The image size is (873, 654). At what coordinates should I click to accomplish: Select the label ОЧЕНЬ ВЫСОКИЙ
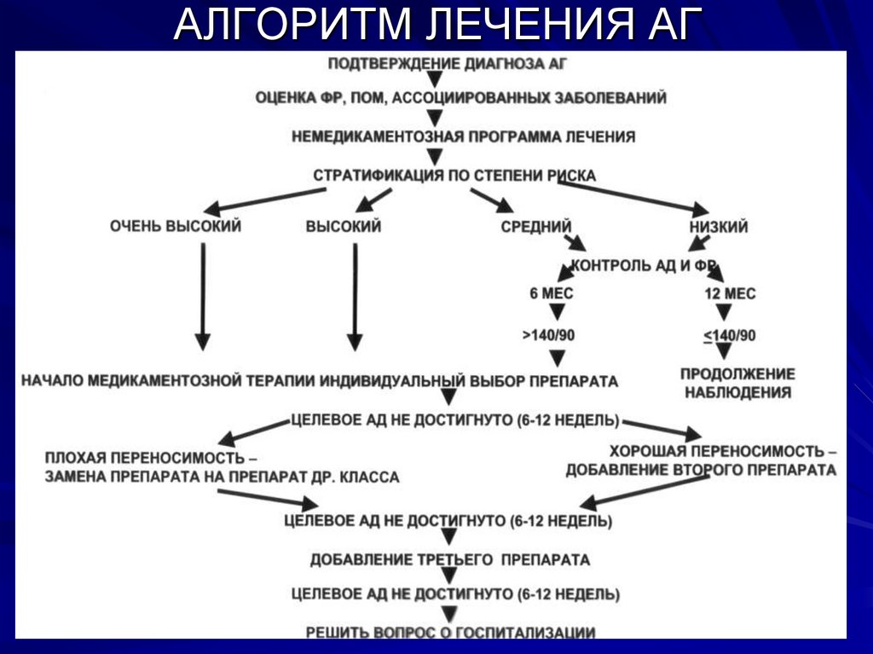click(176, 227)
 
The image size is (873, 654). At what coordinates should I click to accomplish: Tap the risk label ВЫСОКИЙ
click(343, 227)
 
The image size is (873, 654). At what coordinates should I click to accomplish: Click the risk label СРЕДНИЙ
click(535, 227)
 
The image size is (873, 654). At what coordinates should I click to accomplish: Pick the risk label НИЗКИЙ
click(719, 227)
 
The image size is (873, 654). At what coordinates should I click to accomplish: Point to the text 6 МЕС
click(551, 293)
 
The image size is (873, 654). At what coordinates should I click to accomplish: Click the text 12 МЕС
click(730, 293)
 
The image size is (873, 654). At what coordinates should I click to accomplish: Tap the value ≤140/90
click(729, 335)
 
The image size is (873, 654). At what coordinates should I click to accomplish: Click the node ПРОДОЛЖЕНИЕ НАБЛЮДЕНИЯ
click(737, 384)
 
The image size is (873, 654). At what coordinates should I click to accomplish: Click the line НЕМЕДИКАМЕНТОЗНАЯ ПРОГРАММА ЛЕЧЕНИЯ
click(463, 136)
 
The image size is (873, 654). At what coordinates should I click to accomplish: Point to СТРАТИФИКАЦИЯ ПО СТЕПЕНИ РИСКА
click(454, 176)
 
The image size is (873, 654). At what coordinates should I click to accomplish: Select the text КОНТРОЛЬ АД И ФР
click(644, 265)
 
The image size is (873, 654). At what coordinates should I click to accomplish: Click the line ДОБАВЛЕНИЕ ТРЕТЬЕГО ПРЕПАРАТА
click(450, 560)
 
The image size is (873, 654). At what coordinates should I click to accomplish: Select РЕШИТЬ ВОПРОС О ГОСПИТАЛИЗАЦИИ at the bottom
click(451, 632)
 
